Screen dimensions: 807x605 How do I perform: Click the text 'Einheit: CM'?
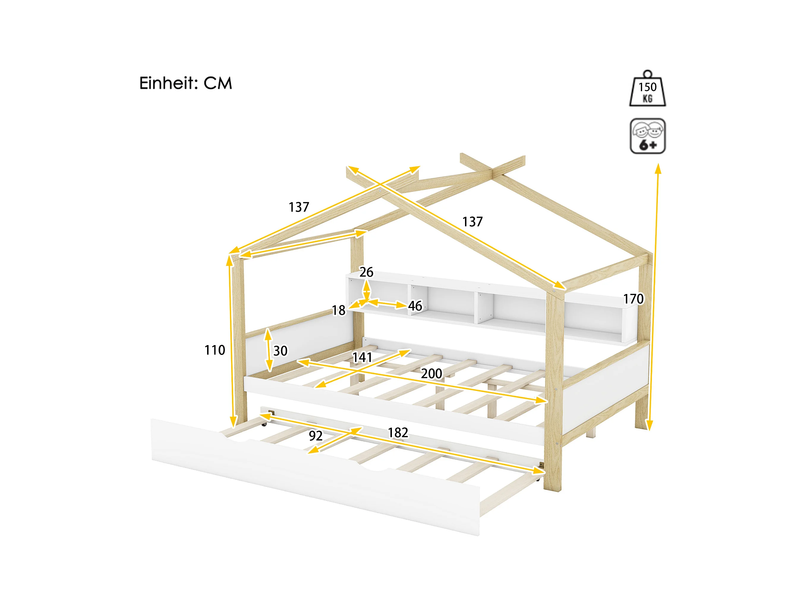(x=185, y=83)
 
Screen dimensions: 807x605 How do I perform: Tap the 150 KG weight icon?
(x=647, y=88)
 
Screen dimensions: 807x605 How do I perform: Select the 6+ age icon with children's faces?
(x=647, y=136)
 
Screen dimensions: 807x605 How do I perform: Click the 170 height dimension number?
(x=633, y=299)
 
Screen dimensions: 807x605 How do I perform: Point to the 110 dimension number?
(x=215, y=350)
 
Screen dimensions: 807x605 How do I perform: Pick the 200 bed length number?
(x=432, y=373)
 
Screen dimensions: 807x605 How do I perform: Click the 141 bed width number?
(x=362, y=357)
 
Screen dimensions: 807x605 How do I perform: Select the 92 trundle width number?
(x=316, y=436)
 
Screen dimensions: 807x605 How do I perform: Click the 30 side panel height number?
(x=280, y=351)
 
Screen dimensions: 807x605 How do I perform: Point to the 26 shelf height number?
(x=366, y=272)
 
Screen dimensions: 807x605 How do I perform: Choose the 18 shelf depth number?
(x=338, y=310)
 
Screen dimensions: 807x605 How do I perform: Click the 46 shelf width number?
(x=415, y=306)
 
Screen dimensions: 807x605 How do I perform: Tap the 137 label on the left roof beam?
(x=299, y=207)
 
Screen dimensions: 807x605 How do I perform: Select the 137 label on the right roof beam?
(x=472, y=222)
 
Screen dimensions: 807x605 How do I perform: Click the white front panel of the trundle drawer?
(x=316, y=476)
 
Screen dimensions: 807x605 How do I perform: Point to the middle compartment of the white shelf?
(x=452, y=303)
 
